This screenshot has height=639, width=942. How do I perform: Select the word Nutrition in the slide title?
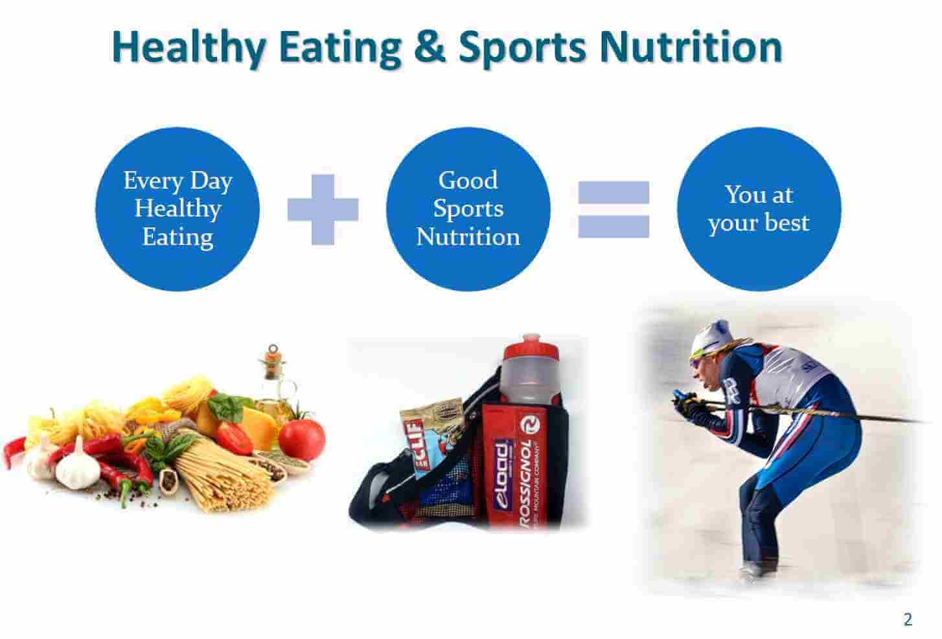691,47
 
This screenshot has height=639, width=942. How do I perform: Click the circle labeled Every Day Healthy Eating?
178,209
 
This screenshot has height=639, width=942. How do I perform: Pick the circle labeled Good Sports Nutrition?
468,209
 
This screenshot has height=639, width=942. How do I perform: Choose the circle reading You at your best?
759,209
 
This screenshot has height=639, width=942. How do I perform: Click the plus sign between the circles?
323,209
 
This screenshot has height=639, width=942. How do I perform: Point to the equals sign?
613,209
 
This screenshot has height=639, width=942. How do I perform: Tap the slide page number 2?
907,619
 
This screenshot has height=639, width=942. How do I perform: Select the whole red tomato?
302,438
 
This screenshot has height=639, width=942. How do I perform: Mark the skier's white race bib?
796,369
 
